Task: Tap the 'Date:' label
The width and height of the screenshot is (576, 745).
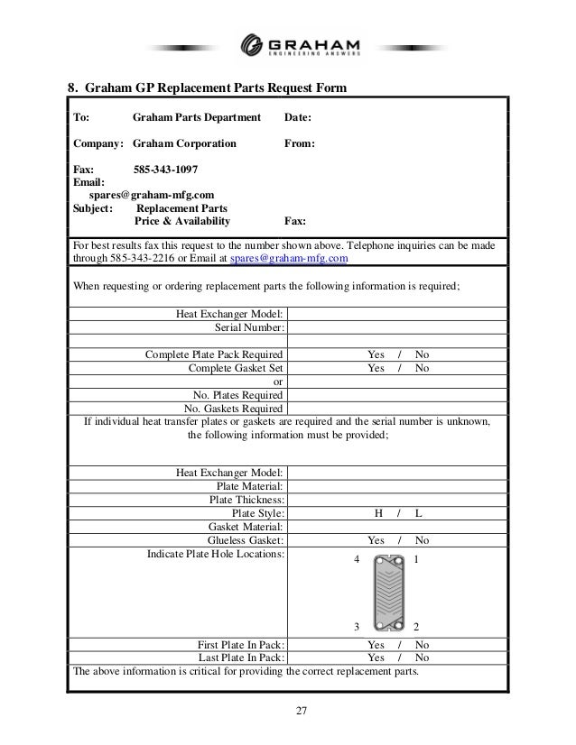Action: click(x=298, y=117)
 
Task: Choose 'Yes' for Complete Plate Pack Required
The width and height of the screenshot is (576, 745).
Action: click(x=376, y=354)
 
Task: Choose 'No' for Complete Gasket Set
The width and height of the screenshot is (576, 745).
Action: click(x=422, y=368)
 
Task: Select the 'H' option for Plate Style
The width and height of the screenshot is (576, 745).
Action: click(x=378, y=513)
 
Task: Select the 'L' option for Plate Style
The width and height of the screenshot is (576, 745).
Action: click(x=419, y=513)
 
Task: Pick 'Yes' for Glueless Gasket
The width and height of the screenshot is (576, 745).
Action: click(x=376, y=540)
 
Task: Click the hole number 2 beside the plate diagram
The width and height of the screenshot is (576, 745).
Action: click(x=415, y=627)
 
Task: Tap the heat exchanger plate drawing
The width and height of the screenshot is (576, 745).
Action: click(x=385, y=593)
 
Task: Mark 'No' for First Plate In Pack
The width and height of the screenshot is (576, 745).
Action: click(x=422, y=645)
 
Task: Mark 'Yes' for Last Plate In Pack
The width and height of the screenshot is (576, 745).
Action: click(x=376, y=658)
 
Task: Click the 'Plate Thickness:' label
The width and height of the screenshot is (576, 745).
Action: click(x=247, y=500)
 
